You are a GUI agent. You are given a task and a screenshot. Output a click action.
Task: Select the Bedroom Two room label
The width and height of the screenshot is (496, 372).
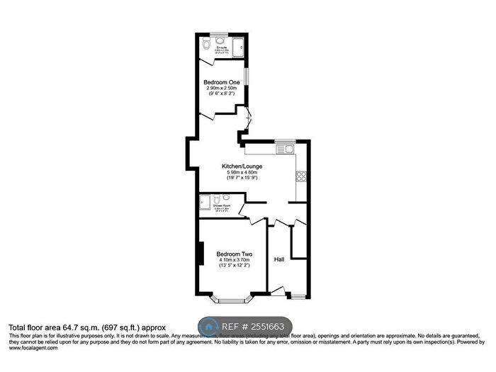pyautogui.click(x=235, y=254)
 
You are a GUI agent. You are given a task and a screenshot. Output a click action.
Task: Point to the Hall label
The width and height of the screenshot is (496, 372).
pyautogui.click(x=279, y=259)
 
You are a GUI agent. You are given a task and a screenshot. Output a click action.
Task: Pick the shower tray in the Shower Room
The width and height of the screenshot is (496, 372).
pyautogui.click(x=204, y=203)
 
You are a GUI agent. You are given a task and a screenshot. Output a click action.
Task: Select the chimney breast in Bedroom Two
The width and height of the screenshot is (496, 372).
pyautogui.click(x=201, y=254)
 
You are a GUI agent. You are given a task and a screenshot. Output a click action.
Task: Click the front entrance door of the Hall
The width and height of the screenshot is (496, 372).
pyautogui.click(x=276, y=291)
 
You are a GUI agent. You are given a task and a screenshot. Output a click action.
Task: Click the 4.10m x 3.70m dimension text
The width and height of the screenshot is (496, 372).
pyautogui.click(x=235, y=260)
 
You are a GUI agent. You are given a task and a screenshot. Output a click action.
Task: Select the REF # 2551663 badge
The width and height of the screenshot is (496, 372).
pyautogui.click(x=244, y=327)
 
